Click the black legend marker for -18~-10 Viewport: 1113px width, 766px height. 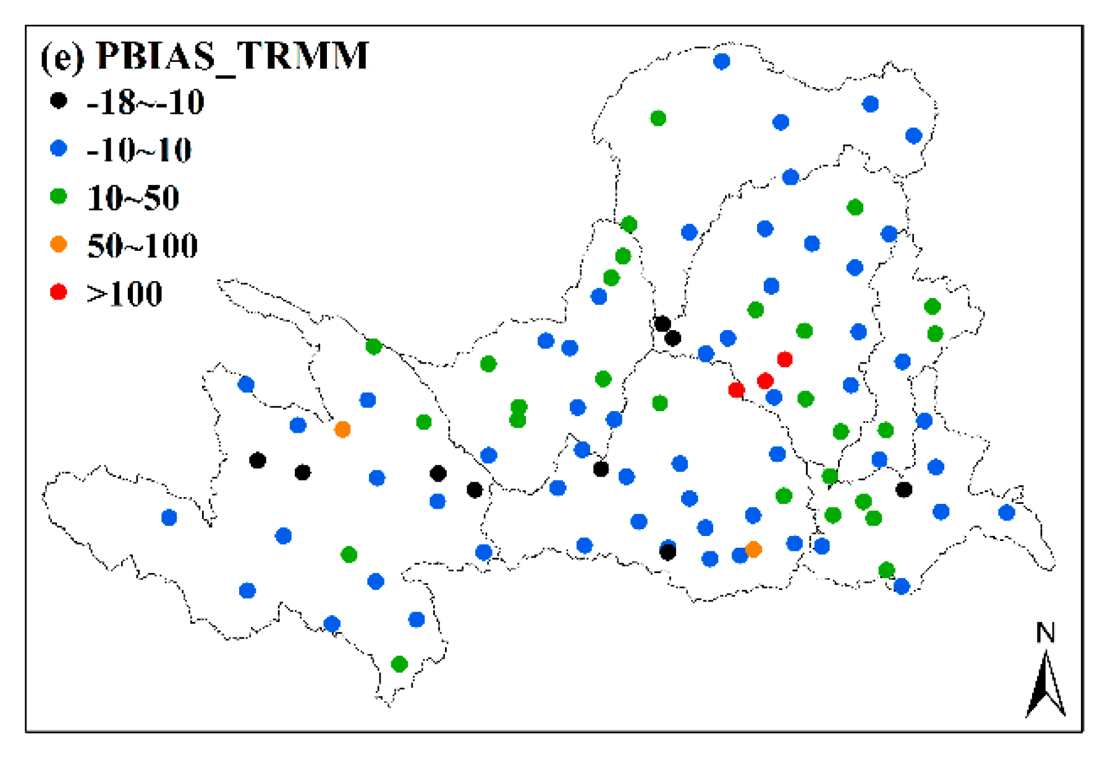(x=59, y=100)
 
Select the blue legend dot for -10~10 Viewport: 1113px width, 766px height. (x=59, y=148)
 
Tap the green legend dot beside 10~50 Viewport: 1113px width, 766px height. (x=59, y=197)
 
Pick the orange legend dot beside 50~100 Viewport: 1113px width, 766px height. (x=59, y=244)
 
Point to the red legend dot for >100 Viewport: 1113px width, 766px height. (x=59, y=292)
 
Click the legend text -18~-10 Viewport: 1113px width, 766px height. (x=145, y=102)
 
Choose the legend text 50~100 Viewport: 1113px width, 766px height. (x=142, y=246)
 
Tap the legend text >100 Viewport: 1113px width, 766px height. (x=124, y=294)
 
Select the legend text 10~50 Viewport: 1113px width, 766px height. (x=133, y=198)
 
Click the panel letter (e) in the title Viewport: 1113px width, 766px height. (x=62, y=57)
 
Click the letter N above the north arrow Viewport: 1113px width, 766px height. (x=1045, y=633)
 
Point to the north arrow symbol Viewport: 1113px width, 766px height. (x=1046, y=686)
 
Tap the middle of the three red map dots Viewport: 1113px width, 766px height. (x=765, y=381)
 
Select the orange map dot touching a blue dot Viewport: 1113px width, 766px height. (x=753, y=549)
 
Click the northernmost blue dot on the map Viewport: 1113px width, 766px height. (x=721, y=61)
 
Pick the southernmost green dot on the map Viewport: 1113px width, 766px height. (x=399, y=665)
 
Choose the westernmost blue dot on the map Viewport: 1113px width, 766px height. (x=169, y=517)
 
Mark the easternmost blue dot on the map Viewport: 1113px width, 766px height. (x=1007, y=513)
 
